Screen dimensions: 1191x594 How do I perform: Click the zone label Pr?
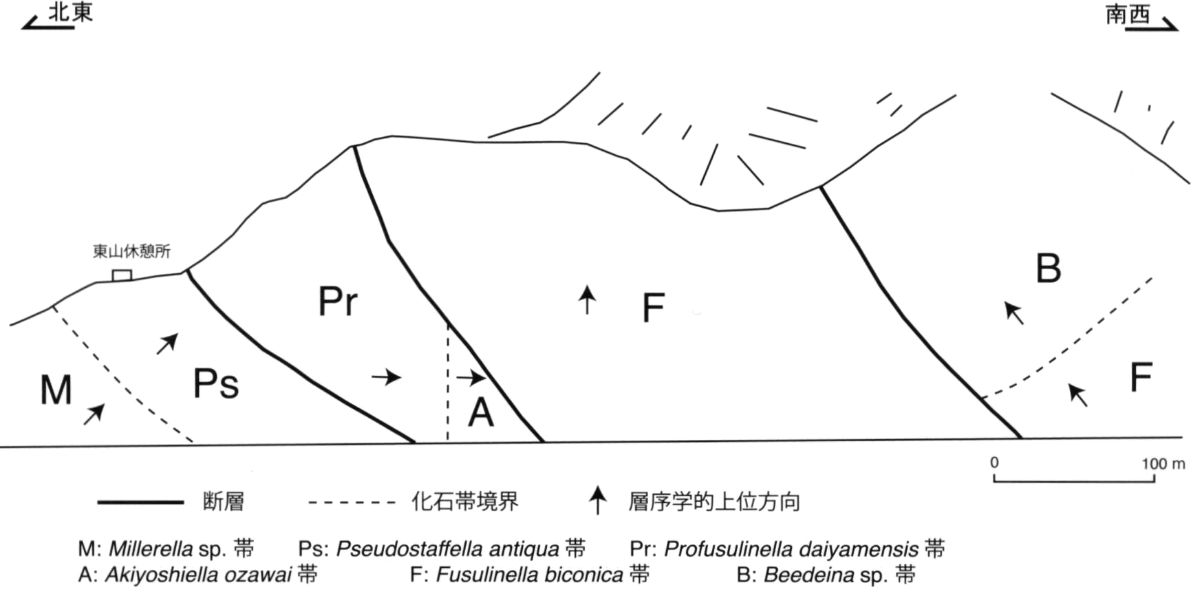coord(338,301)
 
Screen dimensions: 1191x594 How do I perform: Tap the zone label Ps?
coord(216,383)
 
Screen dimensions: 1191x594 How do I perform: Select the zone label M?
coord(56,390)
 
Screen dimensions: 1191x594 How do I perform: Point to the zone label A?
coord(481,413)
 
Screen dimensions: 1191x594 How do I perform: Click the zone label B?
coord(1049,268)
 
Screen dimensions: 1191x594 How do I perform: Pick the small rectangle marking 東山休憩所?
coord(122,275)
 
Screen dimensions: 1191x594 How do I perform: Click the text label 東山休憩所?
coord(131,251)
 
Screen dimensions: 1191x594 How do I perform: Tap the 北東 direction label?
coord(70,12)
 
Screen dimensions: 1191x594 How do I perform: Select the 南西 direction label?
coord(1128,14)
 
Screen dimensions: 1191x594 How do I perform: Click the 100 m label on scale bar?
coord(1163,464)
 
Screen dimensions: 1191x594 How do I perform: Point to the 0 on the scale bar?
coord(994,463)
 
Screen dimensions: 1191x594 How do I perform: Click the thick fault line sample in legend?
coord(140,502)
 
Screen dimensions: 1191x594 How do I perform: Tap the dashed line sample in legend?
coord(352,502)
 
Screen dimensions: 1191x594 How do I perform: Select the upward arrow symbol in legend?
coord(598,500)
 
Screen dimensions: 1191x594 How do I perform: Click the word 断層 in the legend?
coord(224,502)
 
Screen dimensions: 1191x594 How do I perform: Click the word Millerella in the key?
coord(151,549)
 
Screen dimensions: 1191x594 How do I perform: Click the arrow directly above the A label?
coord(471,377)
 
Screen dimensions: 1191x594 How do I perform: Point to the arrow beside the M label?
coord(94,414)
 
